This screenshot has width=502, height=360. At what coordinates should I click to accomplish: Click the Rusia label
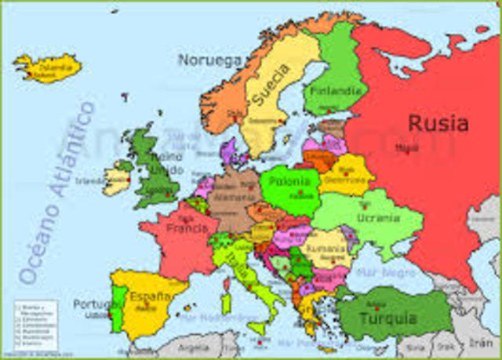(x=438, y=124)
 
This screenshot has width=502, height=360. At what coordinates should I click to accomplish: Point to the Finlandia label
(x=335, y=91)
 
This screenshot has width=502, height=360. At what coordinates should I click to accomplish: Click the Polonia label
(x=290, y=181)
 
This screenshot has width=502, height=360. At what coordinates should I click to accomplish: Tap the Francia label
(x=187, y=229)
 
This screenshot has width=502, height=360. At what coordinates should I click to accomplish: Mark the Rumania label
(x=325, y=248)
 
